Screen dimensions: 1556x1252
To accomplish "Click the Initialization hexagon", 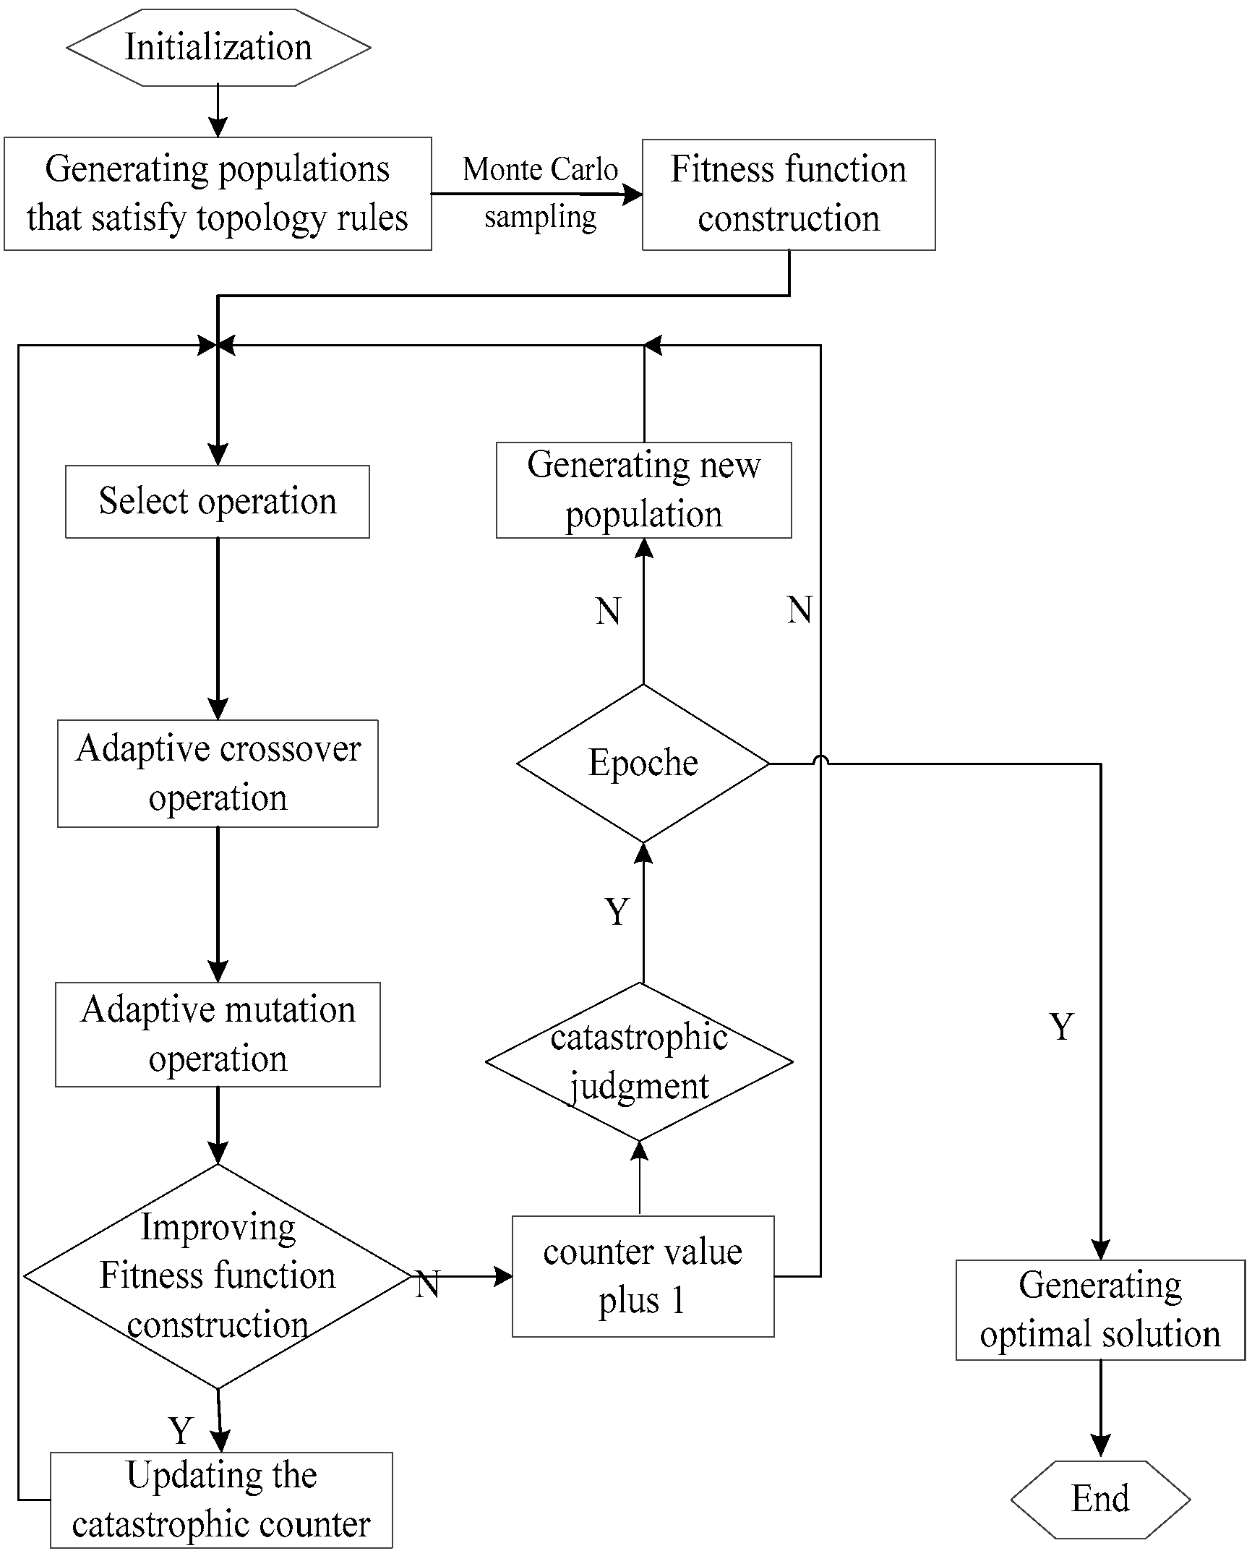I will pyautogui.click(x=218, y=48).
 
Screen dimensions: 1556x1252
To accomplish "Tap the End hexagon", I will pyautogui.click(x=1099, y=1499).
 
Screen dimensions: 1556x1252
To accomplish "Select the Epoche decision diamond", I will pyautogui.click(x=643, y=763).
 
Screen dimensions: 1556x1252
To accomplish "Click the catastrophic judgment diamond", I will pyautogui.click(x=639, y=1061).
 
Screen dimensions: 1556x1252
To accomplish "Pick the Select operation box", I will pyautogui.click(x=217, y=501).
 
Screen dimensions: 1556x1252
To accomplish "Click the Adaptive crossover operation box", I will pyautogui.click(x=218, y=773).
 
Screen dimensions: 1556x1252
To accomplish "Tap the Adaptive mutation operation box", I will pyautogui.click(x=218, y=1034).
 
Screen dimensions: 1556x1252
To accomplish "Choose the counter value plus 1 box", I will pyautogui.click(x=643, y=1276).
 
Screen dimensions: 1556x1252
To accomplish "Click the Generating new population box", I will pyautogui.click(x=643, y=490).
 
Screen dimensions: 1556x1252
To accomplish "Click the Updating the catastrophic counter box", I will pyautogui.click(x=221, y=1500).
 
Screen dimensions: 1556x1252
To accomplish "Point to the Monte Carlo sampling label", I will pyautogui.click(x=540, y=193).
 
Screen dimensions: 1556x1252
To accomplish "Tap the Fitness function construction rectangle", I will pyautogui.click(x=789, y=194).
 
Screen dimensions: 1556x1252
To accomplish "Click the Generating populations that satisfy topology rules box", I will pyautogui.click(x=218, y=194).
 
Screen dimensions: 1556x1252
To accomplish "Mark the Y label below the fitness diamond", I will pyautogui.click(x=181, y=1430).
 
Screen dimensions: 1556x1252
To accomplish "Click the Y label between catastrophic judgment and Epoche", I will pyautogui.click(x=617, y=912).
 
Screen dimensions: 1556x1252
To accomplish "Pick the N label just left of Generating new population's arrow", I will pyautogui.click(x=608, y=611).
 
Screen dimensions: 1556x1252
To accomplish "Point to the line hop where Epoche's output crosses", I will pyautogui.click(x=820, y=761).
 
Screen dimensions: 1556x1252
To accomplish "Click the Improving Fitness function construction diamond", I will pyautogui.click(x=218, y=1276).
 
